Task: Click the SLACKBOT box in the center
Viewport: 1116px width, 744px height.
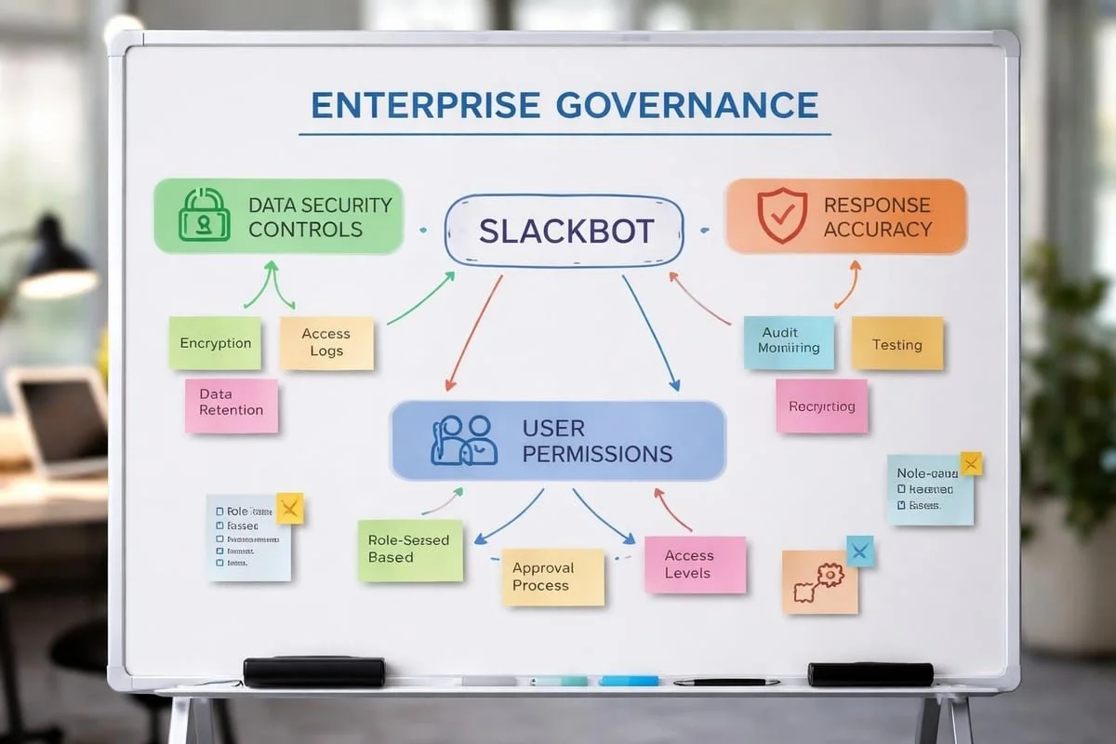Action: (564, 231)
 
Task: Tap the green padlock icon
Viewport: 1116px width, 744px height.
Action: (204, 215)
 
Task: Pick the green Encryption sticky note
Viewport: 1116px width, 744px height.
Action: (215, 343)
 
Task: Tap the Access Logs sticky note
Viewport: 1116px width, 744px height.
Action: (326, 342)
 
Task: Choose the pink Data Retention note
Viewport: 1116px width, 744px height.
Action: (231, 405)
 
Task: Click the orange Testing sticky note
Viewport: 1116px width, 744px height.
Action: (897, 344)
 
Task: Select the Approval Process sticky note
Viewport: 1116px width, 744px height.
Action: (552, 577)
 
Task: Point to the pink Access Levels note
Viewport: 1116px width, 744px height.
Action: (695, 564)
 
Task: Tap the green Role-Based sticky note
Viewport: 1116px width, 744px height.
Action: (409, 550)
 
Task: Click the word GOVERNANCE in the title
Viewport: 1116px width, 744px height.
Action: (686, 105)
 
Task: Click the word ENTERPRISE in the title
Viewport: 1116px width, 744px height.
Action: (425, 105)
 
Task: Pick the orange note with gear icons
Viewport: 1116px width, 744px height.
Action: (818, 582)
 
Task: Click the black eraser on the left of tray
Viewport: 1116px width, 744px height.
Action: (313, 671)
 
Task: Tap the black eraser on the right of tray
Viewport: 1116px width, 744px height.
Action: (870, 674)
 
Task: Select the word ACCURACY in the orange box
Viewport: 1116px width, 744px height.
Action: (877, 229)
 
